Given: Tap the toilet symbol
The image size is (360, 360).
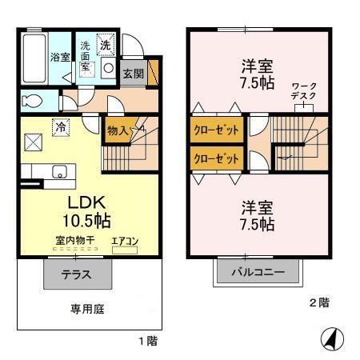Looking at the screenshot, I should (32, 101).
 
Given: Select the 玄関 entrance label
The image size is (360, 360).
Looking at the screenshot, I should (133, 74).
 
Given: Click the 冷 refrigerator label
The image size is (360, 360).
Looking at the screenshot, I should (60, 126).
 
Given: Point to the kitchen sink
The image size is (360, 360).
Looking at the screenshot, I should (58, 170).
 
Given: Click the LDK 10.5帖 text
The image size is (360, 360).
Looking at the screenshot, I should (87, 210).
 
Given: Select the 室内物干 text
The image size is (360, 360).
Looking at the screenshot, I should (74, 239).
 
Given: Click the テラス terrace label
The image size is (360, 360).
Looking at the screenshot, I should (76, 275).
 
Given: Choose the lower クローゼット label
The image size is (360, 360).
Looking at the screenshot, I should (216, 158).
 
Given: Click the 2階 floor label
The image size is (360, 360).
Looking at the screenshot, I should (319, 302).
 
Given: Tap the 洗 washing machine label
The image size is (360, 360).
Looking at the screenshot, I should (105, 46).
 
